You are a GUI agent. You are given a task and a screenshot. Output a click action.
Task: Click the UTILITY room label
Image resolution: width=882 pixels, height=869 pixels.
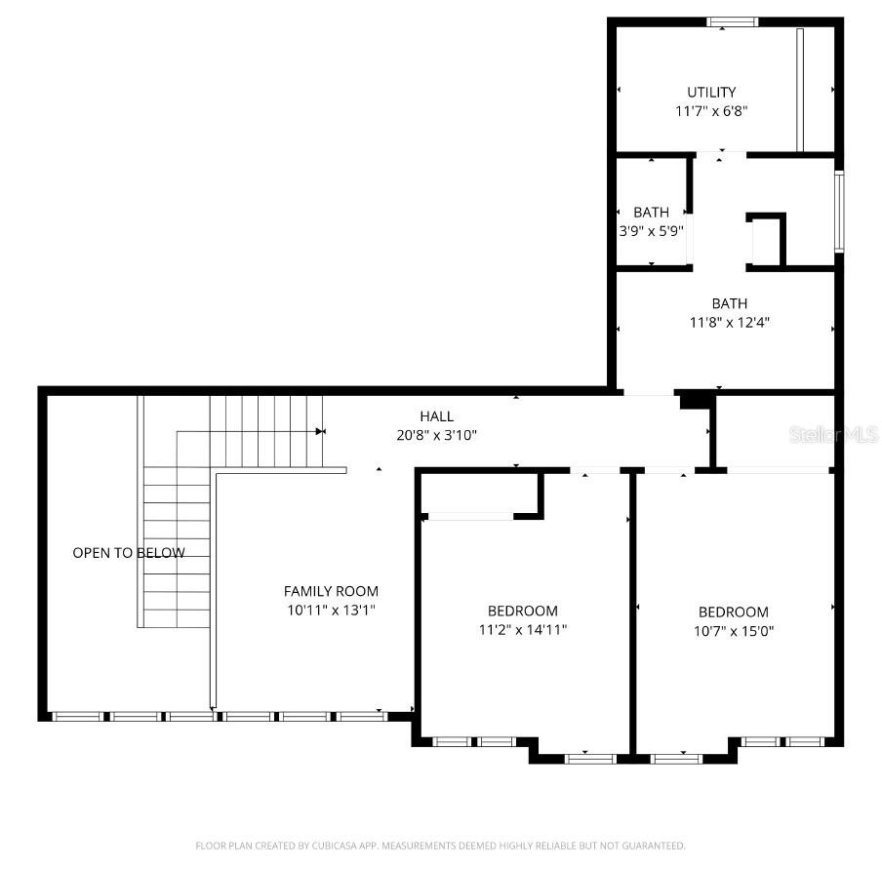(710, 93)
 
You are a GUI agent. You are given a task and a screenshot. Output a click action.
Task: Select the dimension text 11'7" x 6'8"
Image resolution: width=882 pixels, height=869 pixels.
(711, 111)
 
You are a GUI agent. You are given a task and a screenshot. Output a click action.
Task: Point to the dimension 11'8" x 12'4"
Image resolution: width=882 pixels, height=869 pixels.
(729, 321)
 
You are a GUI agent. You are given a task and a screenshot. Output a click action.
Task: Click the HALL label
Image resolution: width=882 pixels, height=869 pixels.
(436, 416)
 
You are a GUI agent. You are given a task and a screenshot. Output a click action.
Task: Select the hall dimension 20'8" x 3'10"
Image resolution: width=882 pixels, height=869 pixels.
(436, 435)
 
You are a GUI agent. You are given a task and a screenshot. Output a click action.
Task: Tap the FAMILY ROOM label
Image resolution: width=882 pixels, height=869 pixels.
(331, 591)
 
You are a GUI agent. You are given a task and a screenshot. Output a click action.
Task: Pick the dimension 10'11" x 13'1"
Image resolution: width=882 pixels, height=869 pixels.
(331, 610)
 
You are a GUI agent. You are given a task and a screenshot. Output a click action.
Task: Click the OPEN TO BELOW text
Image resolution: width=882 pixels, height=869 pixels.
(128, 553)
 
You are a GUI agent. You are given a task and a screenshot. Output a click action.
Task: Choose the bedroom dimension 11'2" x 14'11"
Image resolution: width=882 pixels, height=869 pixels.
(523, 629)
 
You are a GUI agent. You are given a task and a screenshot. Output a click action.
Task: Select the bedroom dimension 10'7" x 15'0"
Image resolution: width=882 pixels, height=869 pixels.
(733, 630)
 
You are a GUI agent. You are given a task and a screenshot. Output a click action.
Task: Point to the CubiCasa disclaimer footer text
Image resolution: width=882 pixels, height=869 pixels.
(440, 846)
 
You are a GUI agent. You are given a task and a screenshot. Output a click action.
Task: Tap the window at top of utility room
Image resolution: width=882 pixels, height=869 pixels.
(733, 21)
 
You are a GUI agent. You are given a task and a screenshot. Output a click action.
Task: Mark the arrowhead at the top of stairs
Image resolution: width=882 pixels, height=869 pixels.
(320, 430)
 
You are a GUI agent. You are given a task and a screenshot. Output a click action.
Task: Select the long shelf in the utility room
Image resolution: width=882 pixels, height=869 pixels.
(799, 90)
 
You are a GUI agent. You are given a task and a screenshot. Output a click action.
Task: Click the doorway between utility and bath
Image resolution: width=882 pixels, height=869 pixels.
(721, 155)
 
